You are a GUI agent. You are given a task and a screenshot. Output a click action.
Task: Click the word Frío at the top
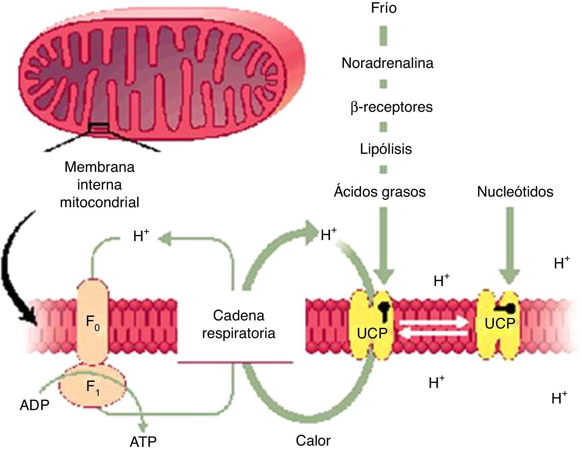pos(384,8)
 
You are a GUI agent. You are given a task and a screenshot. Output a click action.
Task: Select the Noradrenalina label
pos(387,63)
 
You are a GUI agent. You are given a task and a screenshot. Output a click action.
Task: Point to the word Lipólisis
pos(386,149)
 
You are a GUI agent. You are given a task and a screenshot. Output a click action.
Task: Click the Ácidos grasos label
pos(380,191)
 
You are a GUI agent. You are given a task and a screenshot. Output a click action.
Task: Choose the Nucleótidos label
pos(515,192)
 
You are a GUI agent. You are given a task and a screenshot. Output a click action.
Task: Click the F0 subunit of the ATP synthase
pos(93,321)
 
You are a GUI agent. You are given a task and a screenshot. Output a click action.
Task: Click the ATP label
pos(143,442)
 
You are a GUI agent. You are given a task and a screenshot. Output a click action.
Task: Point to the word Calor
pos(313,440)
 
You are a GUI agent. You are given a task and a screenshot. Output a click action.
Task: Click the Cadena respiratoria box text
pos(239,324)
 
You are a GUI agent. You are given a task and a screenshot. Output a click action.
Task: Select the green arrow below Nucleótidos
pos(510,245)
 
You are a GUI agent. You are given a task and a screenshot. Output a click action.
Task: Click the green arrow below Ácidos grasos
pos(384,245)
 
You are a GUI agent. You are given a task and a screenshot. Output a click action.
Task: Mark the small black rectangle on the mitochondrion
pos(99,128)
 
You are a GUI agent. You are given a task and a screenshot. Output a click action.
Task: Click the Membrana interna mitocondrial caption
pos(99,185)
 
